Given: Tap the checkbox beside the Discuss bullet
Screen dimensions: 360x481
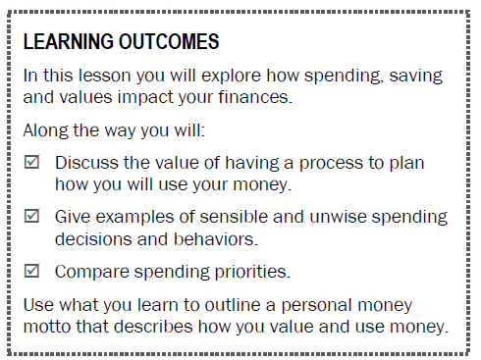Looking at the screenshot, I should tap(31, 163).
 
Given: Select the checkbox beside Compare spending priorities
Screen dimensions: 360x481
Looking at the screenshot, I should tap(31, 271).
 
